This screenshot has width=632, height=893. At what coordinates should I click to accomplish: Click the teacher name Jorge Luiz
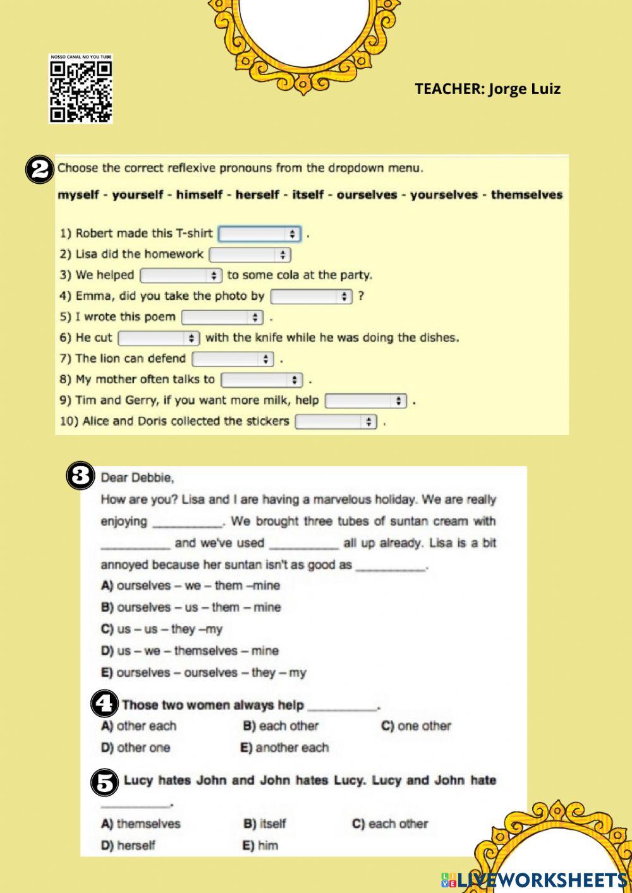[487, 88]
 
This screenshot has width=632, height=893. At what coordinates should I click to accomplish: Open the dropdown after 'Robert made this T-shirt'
[259, 234]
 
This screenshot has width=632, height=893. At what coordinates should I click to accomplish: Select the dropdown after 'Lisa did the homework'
[250, 255]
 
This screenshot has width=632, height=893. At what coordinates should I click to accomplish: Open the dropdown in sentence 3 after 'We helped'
[181, 275]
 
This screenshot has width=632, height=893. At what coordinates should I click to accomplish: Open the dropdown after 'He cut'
[159, 338]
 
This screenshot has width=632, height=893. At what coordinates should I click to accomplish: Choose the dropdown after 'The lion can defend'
[233, 359]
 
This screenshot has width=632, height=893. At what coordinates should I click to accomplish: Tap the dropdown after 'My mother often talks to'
[262, 380]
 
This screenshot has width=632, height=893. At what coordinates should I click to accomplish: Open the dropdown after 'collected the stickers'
[336, 421]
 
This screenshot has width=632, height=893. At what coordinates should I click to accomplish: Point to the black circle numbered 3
[81, 476]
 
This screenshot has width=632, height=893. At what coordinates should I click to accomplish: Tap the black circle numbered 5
[105, 782]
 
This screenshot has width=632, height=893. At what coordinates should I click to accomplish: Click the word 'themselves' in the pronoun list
[526, 195]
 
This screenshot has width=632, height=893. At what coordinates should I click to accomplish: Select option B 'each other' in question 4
[281, 726]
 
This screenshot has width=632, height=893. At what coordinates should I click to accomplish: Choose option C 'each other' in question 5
[390, 824]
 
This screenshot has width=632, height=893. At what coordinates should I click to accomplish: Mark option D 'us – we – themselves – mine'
[190, 650]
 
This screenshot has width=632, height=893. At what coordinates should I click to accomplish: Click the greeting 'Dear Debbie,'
[137, 477]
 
